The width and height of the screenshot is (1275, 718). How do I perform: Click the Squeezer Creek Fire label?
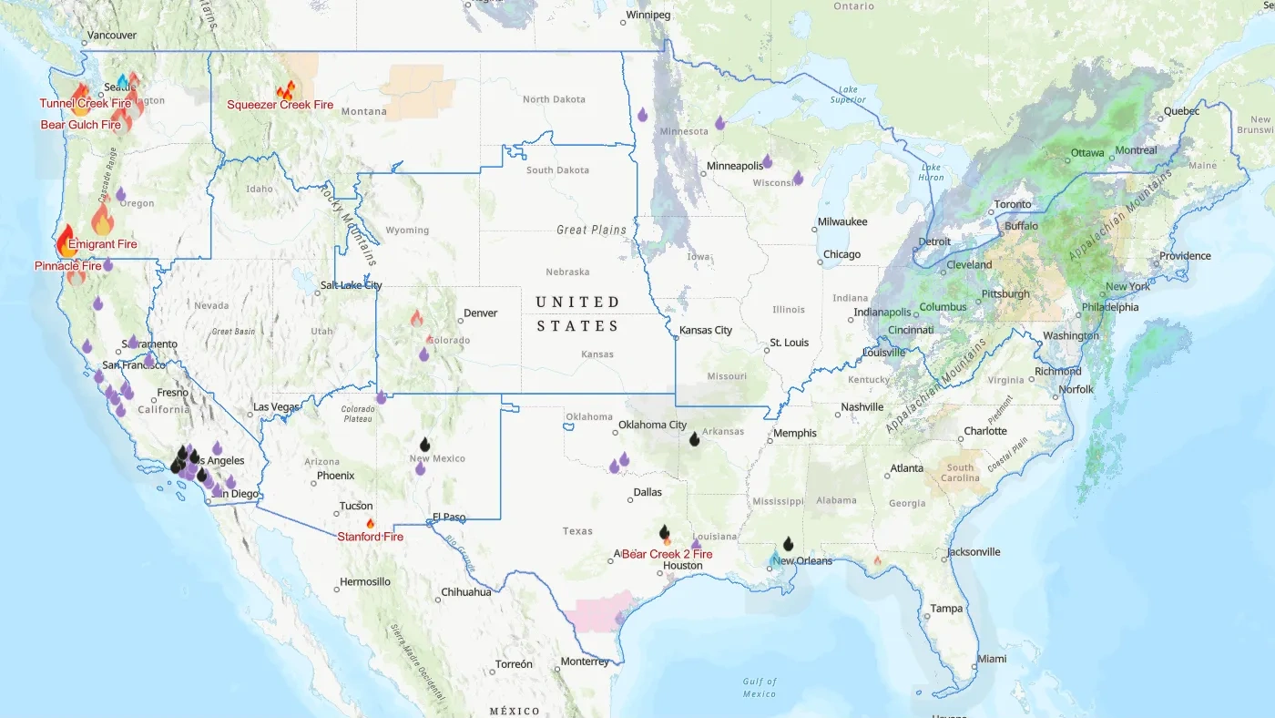coord(280,105)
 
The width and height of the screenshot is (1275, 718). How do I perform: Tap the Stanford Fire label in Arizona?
coord(371,537)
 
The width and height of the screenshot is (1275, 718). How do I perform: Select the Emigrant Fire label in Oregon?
coord(103,244)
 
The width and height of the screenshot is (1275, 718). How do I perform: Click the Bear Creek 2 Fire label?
coord(668,554)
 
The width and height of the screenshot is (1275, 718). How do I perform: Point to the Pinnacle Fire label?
coord(68,266)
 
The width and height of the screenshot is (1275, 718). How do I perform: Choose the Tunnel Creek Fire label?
coord(86,104)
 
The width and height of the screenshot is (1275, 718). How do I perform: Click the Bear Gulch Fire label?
coord(81,125)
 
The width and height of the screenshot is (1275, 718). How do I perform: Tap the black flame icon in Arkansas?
coord(694,439)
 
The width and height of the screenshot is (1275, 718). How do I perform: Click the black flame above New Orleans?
coord(788,544)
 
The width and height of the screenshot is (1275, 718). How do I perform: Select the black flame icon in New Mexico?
coord(424,445)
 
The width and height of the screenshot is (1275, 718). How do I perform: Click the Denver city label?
coord(481,313)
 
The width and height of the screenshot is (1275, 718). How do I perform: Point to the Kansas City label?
coord(706,330)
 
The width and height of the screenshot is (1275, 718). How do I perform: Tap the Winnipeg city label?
coord(648,15)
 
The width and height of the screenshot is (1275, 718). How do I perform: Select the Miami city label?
coord(992,659)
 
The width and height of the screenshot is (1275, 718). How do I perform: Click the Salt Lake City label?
coord(351,285)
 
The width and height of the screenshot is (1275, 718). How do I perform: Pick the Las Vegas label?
coord(275,406)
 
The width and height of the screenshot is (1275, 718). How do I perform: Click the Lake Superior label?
coord(849,94)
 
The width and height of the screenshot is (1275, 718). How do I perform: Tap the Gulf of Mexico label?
coord(760,688)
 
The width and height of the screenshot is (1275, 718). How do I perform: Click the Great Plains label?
coord(591,231)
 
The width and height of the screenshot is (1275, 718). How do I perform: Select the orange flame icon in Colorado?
coord(416,318)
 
